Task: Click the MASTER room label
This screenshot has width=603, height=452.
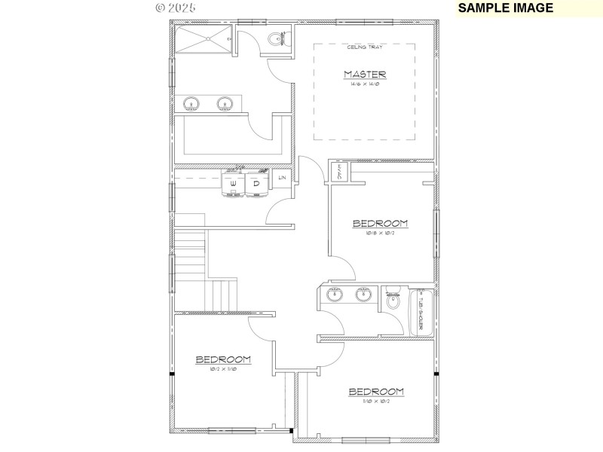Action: click(x=365, y=74)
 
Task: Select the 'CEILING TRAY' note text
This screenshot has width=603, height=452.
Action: click(x=365, y=47)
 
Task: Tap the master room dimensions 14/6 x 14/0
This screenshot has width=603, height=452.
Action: click(x=365, y=84)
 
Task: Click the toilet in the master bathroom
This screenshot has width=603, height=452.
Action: click(x=276, y=39)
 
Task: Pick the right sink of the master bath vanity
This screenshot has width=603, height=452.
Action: click(x=225, y=103)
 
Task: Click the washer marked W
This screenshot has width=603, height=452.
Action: click(x=233, y=184)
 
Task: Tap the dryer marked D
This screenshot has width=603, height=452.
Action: click(x=256, y=184)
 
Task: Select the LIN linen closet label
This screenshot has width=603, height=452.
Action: click(x=282, y=178)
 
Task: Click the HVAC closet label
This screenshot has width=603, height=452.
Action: click(x=339, y=172)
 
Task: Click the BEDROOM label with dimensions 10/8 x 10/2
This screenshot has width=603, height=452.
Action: click(x=381, y=224)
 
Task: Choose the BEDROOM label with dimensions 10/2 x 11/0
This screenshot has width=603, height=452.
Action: click(x=223, y=359)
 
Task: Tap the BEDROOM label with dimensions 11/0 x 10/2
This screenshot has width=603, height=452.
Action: click(x=375, y=392)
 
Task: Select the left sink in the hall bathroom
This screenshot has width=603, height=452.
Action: click(x=334, y=295)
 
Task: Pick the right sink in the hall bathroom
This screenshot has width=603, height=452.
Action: click(x=363, y=295)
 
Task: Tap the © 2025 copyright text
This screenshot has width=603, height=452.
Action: click(x=176, y=8)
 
